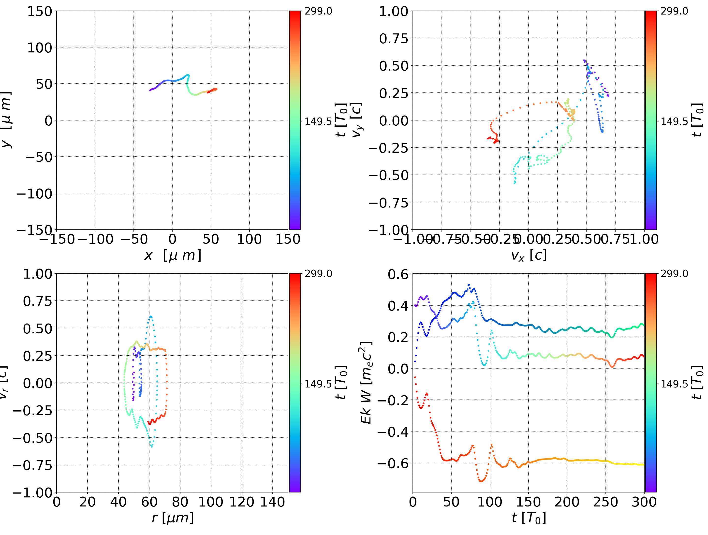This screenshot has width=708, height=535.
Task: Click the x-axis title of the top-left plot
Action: (173, 255)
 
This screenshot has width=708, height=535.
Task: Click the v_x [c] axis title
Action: (529, 255)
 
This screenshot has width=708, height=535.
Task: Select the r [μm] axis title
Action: (173, 518)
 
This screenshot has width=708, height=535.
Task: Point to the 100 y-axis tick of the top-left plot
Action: (39, 48)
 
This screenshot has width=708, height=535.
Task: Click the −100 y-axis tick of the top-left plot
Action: (34, 194)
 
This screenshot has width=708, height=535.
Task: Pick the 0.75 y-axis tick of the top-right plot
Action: (394, 38)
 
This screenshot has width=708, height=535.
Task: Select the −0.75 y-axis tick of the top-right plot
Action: (389, 203)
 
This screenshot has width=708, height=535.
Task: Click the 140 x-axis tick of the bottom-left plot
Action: (272, 502)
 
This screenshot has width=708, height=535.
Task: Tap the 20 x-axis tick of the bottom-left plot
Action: (87, 502)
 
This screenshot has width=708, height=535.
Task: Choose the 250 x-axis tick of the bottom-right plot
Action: (605, 502)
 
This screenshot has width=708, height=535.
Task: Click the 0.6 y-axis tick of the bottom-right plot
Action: (398, 274)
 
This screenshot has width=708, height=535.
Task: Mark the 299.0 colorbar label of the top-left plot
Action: (318, 11)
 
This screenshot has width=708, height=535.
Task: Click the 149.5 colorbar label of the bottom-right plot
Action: (674, 384)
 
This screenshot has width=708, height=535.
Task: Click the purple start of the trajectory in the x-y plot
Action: (150, 90)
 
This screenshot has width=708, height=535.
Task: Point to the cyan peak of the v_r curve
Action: (151, 317)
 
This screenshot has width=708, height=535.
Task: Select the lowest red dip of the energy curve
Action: (481, 481)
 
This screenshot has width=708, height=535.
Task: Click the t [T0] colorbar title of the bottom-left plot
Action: (341, 383)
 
